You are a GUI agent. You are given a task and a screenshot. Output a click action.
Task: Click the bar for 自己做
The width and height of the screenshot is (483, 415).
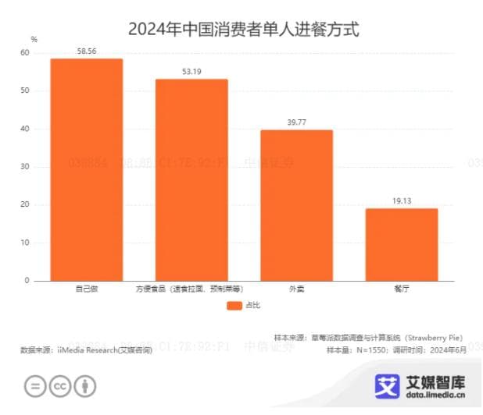[86, 169]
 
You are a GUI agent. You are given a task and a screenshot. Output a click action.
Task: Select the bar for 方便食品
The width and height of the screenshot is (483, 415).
[191, 179]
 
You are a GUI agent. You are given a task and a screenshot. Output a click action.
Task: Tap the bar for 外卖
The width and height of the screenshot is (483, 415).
[296, 204]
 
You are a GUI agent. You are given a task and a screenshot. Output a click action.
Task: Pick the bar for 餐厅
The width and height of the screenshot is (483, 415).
[401, 244]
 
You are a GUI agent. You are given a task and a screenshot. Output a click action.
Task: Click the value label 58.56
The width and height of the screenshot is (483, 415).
[87, 51]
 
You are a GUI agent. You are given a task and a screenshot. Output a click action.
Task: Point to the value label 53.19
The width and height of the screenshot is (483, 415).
[191, 71]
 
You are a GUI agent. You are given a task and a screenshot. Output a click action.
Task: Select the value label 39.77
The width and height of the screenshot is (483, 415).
[296, 122]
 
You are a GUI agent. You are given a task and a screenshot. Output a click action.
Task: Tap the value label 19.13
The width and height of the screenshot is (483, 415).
[401, 200]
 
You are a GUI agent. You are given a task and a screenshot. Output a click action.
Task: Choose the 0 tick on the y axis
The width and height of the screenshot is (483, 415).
[27, 280]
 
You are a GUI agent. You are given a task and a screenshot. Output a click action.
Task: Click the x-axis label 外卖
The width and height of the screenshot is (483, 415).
[296, 289]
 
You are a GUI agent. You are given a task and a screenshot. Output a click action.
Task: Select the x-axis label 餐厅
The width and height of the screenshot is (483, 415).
[401, 289]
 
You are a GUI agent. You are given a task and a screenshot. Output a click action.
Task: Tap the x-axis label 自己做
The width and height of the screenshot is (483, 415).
[86, 289]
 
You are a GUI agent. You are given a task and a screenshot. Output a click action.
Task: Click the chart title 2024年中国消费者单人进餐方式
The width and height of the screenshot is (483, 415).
[241, 30]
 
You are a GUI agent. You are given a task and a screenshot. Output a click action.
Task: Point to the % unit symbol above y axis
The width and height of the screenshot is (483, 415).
[34, 38]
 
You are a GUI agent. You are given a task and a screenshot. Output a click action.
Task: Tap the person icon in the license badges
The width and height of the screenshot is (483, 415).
[85, 386]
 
